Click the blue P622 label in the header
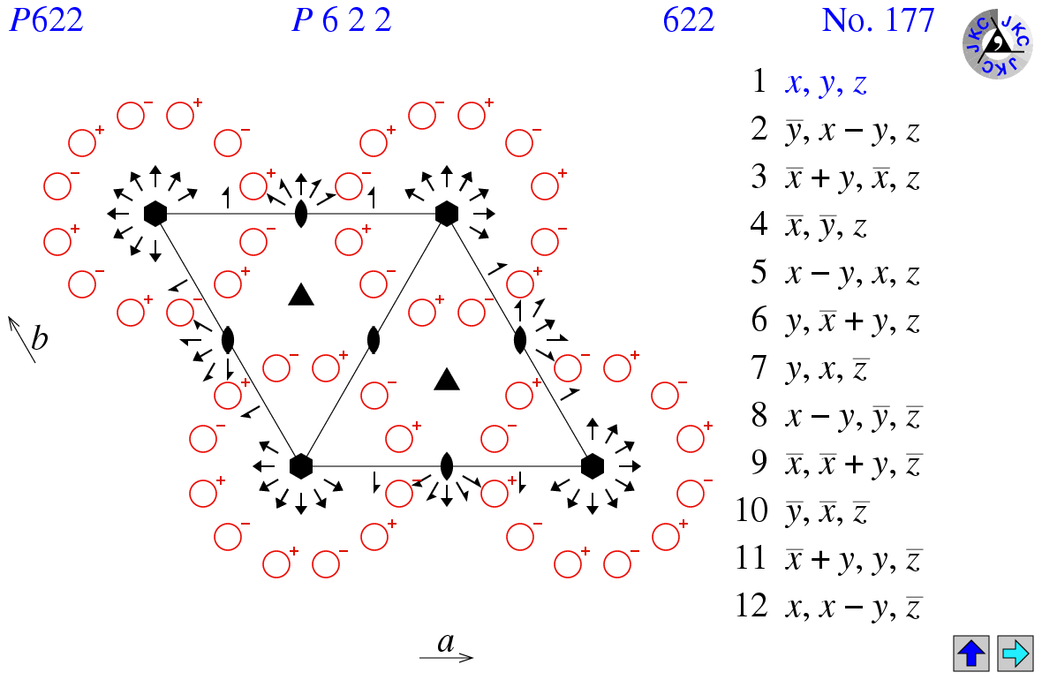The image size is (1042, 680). point(46,19)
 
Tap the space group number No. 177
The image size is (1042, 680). point(877,19)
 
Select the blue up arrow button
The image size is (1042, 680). point(971,654)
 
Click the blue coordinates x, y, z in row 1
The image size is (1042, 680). point(827,84)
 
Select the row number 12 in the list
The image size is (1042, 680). point(752,607)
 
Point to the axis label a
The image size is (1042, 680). point(446,643)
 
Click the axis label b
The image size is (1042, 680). point(40,338)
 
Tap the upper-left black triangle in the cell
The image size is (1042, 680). point(301,295)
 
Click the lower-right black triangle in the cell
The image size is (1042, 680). point(448,380)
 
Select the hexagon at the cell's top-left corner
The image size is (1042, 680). point(155,213)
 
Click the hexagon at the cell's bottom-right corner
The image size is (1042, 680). point(593,465)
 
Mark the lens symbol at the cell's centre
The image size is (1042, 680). point(374,339)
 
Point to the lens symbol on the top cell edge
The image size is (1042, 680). point(301,214)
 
